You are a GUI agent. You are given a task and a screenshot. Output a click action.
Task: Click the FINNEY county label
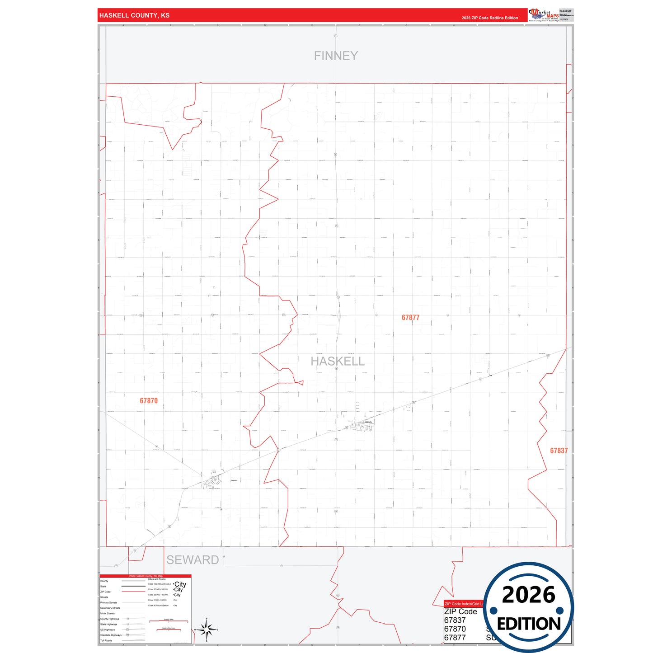[336, 56]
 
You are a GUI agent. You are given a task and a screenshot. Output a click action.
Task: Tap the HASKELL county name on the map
[338, 361]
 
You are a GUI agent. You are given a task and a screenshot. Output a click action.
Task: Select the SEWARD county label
[193, 560]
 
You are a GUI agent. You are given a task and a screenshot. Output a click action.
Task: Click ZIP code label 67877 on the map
[410, 318]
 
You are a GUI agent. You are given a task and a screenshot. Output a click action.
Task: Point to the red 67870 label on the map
[149, 401]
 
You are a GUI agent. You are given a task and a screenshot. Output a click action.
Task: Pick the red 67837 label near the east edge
[559, 451]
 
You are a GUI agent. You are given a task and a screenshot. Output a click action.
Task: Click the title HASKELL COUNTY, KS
[134, 15]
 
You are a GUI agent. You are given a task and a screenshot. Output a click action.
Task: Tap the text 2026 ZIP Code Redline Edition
[489, 18]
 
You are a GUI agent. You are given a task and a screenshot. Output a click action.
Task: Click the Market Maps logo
[544, 15]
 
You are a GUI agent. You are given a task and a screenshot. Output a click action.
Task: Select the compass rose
[207, 629]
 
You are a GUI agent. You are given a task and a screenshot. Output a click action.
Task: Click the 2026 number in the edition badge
[528, 595]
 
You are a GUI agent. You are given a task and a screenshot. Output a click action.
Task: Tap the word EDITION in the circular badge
[529, 624]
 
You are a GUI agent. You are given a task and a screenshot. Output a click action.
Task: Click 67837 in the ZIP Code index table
[455, 620]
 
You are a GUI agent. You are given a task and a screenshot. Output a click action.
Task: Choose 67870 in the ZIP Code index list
[455, 629]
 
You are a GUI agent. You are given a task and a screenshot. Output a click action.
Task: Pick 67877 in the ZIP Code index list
[455, 638]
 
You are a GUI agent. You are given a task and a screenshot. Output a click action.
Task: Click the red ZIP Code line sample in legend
[133, 592]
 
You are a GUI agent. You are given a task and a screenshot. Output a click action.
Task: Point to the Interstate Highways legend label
[111, 635]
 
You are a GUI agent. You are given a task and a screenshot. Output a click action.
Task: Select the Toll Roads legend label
[106, 640]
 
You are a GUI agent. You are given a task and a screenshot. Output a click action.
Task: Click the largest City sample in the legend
[180, 584]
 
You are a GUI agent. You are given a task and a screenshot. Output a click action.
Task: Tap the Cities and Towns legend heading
[157, 579]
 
